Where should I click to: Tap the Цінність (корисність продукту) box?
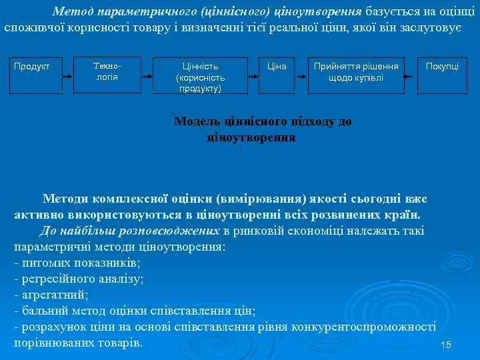[201, 77]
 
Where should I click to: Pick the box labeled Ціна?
[276, 66]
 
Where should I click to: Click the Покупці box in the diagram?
[442, 66]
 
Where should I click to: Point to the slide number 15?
[446, 345]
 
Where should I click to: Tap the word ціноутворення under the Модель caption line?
[251, 137]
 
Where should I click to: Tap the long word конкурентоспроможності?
[373, 327]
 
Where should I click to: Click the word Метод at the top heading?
[74, 11]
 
